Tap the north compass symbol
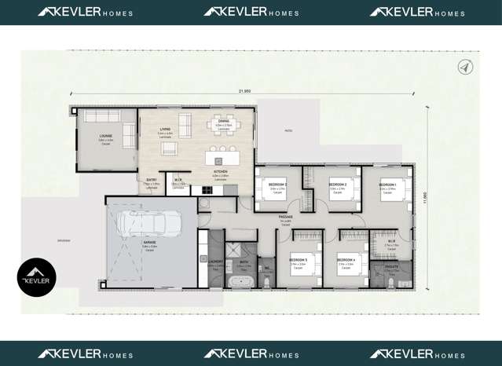pyautogui.click(x=464, y=68)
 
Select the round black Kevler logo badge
pyautogui.click(x=37, y=277)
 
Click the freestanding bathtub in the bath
pyautogui.click(x=238, y=280)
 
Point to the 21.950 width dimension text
pyautogui.click(x=244, y=91)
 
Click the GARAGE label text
pyautogui.click(x=149, y=243)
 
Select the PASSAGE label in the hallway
pyautogui.click(x=285, y=218)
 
